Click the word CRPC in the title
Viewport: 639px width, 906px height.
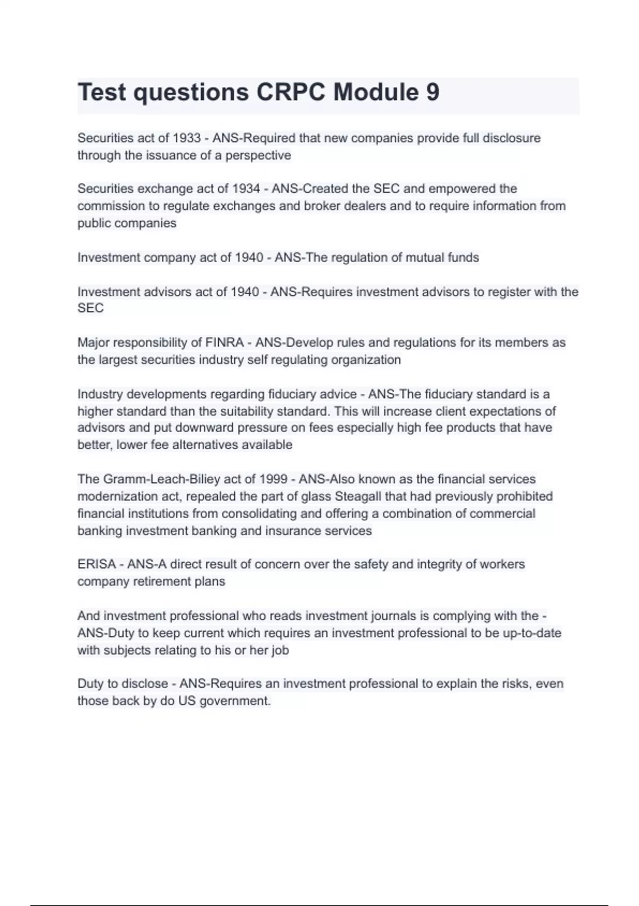291,92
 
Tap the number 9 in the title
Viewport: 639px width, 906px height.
432,92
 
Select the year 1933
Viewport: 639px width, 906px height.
186,138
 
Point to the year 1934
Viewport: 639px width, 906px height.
246,189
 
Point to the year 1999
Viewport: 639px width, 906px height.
273,479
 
